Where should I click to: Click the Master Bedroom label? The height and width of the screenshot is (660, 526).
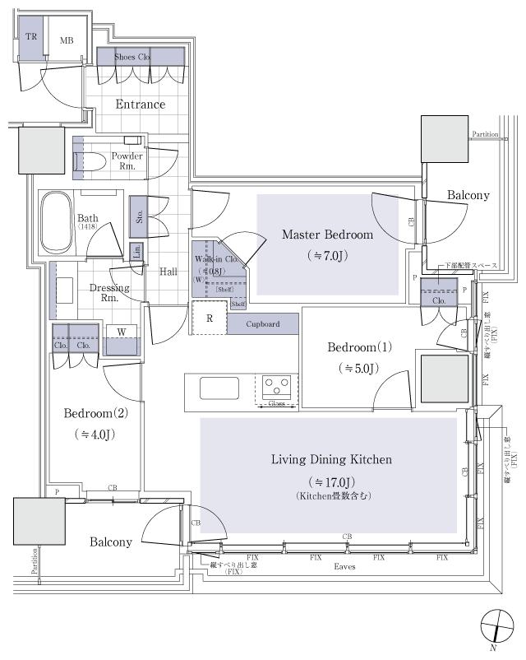(327, 235)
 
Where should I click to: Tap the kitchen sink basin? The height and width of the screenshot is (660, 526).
(219, 388)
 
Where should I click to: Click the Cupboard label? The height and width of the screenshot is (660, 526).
(263, 324)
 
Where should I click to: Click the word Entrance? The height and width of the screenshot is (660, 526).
(140, 105)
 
